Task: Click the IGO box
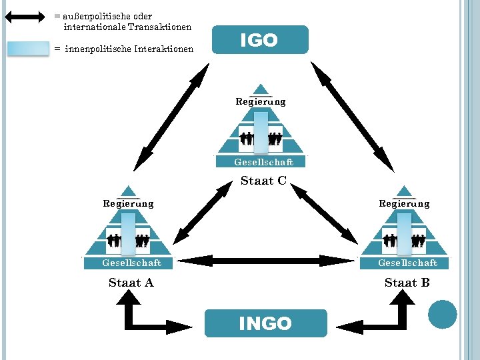pyautogui.click(x=260, y=40)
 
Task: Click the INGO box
pyautogui.click(x=265, y=323)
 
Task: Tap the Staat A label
pyautogui.click(x=131, y=283)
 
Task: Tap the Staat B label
pyautogui.click(x=407, y=283)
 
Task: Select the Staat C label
pyautogui.click(x=263, y=181)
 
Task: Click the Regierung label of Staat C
pyautogui.click(x=261, y=102)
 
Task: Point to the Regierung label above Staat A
pyautogui.click(x=128, y=203)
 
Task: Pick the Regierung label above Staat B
pyautogui.click(x=404, y=203)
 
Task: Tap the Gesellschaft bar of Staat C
pyautogui.click(x=263, y=162)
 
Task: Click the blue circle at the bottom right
pyautogui.click(x=442, y=314)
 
